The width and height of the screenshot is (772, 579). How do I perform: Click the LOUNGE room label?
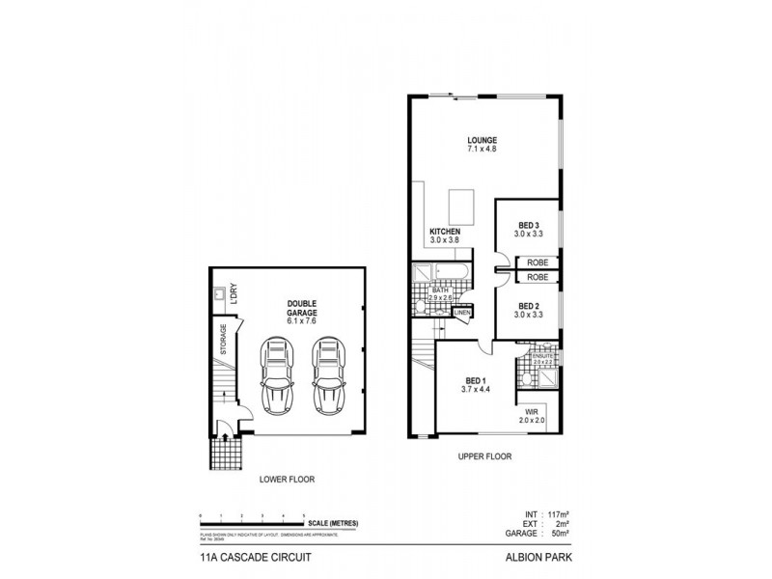point(482,140)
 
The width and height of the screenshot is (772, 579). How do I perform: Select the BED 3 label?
point(530,225)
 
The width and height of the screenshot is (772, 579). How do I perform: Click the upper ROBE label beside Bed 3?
point(538,262)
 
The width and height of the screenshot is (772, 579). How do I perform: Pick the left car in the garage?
point(280,376)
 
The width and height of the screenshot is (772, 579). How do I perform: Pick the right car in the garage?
point(329,376)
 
